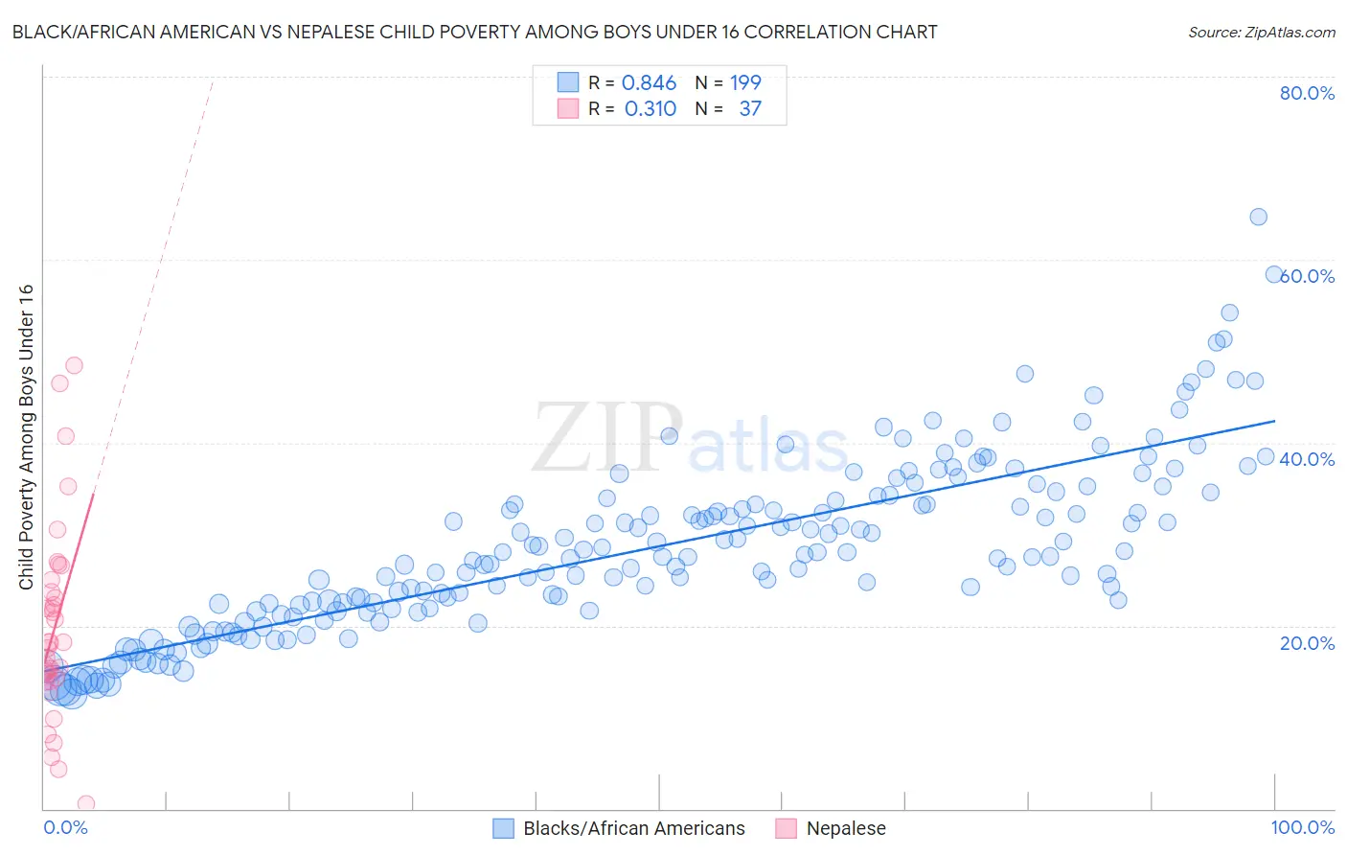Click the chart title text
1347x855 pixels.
[474, 32]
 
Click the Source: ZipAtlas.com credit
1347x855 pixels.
[1261, 32]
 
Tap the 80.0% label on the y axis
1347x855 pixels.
[1307, 93]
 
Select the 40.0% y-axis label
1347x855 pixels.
[1307, 459]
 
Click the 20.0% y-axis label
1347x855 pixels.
[1307, 643]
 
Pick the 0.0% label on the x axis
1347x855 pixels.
[65, 827]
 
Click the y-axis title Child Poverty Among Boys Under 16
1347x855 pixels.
[26, 437]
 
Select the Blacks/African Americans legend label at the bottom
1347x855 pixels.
[633, 828]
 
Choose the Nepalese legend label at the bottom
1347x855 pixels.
[846, 828]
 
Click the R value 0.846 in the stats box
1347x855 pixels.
[649, 83]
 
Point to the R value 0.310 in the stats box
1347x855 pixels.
[650, 109]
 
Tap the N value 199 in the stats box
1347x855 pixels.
[745, 83]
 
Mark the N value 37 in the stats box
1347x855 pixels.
[750, 109]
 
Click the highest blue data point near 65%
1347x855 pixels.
[1258, 217]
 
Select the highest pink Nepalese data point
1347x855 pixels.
[74, 365]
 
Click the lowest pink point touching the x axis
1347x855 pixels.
[86, 803]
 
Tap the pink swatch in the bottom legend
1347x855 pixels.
[786, 828]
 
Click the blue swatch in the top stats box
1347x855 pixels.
[568, 82]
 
